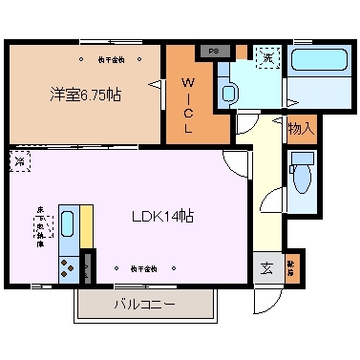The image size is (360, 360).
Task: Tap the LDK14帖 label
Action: tap(163, 216)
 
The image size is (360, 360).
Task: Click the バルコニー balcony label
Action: tap(143, 306)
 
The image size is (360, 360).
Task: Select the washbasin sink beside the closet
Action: tap(228, 93)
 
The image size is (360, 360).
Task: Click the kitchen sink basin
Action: tap(69, 226)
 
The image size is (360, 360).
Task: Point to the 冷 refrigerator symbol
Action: tap(20, 162)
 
